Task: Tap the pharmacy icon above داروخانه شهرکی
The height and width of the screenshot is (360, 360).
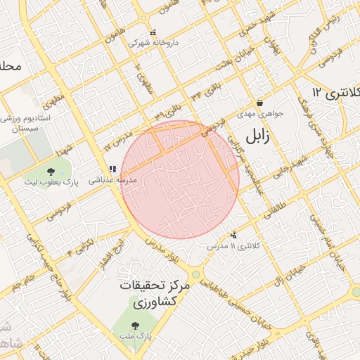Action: (153, 32)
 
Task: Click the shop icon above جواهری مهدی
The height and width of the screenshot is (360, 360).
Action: (259, 103)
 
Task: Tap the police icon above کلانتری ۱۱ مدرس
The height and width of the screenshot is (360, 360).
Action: (233, 236)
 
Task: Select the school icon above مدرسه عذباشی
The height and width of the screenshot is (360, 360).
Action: (112, 169)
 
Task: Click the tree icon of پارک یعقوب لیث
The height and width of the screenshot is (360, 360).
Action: (50, 172)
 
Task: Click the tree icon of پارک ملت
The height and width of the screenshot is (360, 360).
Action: (135, 325)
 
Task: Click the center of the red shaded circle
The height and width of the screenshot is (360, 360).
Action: (180, 179)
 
